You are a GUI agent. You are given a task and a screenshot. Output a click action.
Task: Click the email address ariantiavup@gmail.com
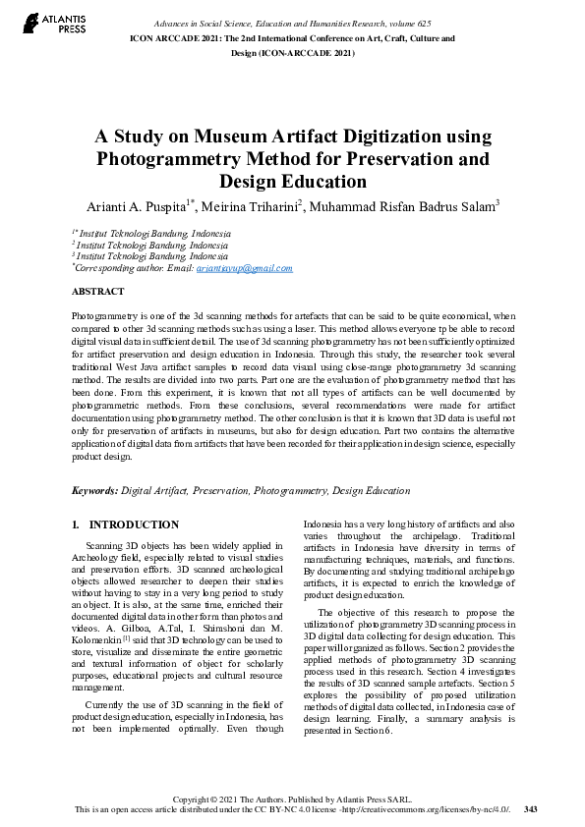[x=244, y=268]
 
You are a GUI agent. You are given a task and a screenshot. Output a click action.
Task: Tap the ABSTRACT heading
[x=97, y=292]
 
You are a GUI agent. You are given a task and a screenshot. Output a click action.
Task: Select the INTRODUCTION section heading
[x=134, y=524]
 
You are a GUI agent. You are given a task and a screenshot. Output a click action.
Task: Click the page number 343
[x=531, y=809]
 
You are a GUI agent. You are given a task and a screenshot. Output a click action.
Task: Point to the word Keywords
[x=93, y=489]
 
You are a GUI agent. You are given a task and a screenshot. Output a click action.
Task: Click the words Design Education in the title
[x=292, y=181]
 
